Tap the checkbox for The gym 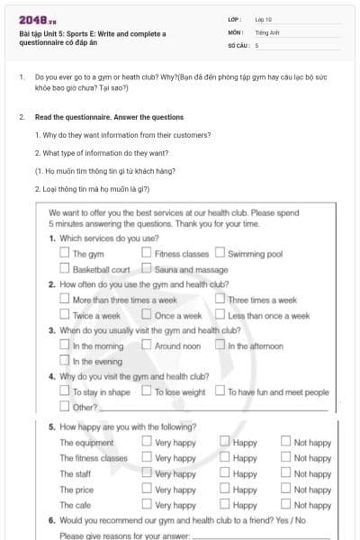[x=65, y=255]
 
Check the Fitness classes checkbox [x=147, y=255]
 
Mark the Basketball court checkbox [x=65, y=269]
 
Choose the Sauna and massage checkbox [x=147, y=269]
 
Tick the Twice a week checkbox [x=65, y=316]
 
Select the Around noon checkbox [x=147, y=346]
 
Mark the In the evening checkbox [x=65, y=361]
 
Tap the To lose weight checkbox [x=147, y=391]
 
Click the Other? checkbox [x=65, y=407]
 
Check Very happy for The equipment [x=147, y=443]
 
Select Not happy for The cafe [x=285, y=505]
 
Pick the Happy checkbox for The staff [x=225, y=473]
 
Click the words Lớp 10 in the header [x=264, y=19]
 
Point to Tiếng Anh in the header [x=267, y=31]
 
